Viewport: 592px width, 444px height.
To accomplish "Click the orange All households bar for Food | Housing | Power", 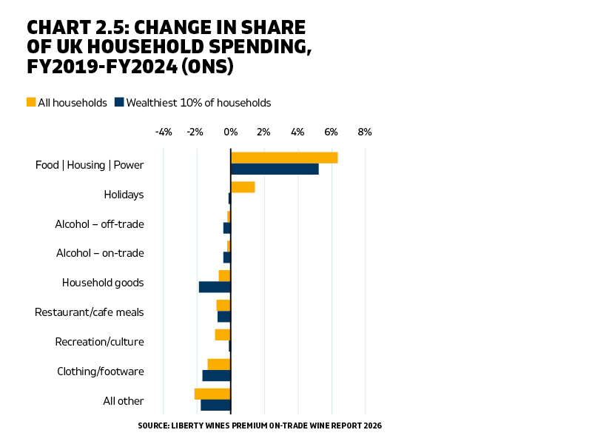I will click(x=284, y=158).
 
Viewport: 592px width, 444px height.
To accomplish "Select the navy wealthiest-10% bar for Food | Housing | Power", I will click(x=275, y=169).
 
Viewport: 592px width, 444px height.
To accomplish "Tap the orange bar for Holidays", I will click(x=243, y=187).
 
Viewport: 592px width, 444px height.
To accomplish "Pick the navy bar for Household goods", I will click(x=215, y=287).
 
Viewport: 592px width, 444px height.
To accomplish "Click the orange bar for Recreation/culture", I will click(x=223, y=334).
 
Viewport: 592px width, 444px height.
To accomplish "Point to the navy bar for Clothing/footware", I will click(x=217, y=376).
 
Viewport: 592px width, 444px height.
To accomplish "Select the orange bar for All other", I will click(x=212, y=394).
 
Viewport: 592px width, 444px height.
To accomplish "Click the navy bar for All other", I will click(x=215, y=405).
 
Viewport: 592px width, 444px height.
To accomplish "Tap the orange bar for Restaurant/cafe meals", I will click(x=223, y=305).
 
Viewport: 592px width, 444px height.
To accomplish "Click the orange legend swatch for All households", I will click(x=31, y=102).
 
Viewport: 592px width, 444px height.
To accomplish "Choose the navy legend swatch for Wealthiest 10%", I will click(x=118, y=102).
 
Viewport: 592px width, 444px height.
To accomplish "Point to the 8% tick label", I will click(x=364, y=132).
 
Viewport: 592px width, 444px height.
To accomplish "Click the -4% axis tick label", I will click(x=164, y=132).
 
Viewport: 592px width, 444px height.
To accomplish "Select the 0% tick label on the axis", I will click(x=231, y=132).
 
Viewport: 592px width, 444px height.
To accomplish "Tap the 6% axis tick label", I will click(x=331, y=132).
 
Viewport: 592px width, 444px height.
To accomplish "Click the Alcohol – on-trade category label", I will click(x=100, y=253).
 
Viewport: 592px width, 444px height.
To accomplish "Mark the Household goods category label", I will click(x=103, y=283).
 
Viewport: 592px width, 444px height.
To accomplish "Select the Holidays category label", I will click(x=124, y=195).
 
